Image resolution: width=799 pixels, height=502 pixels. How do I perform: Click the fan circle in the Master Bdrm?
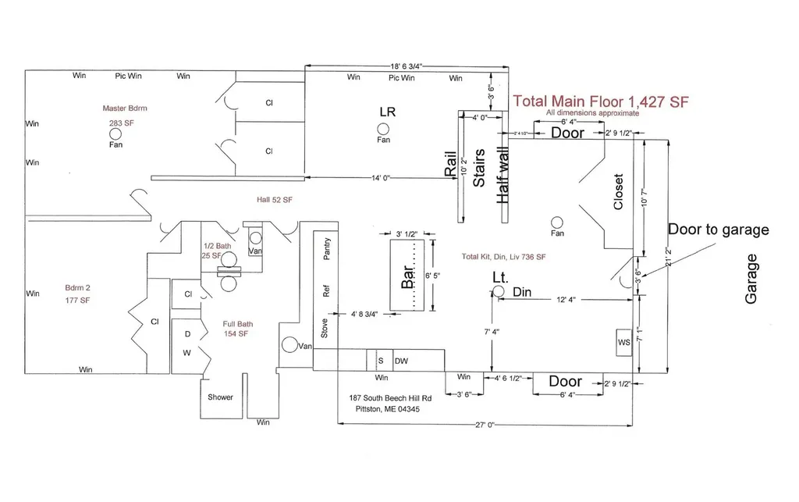115,134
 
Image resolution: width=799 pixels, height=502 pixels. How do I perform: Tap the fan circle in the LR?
383,129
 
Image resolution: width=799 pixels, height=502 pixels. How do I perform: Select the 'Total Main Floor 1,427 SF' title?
601,101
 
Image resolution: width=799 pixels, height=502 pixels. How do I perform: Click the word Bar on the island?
407,276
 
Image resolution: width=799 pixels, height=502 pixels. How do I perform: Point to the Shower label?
220,397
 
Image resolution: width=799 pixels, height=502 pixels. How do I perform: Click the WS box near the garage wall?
624,343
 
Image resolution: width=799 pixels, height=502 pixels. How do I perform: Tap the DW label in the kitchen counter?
402,361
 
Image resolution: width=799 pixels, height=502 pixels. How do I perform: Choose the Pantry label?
327,249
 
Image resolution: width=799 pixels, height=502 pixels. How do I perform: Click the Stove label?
325,328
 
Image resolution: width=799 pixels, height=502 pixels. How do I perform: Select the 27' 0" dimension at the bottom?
485,425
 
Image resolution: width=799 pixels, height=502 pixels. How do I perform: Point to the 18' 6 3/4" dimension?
406,66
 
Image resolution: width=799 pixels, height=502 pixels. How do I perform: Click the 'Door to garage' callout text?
719,230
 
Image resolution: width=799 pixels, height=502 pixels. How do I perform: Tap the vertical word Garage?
751,279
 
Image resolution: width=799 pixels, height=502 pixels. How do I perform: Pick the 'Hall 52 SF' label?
275,200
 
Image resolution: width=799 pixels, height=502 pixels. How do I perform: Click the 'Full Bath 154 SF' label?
237,329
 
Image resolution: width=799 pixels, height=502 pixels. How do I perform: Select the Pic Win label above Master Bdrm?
128,76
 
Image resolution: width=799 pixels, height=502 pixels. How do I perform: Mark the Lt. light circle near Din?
499,291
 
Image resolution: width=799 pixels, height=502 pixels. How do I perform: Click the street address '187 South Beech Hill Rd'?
390,398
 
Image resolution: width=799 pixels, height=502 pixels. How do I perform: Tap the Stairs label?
479,168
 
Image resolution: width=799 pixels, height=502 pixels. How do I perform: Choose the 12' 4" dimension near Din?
566,300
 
